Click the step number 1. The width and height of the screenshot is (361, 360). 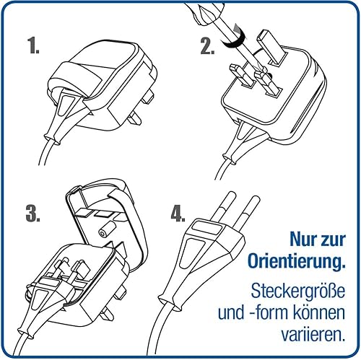point(33,45)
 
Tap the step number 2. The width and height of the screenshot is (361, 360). point(207,46)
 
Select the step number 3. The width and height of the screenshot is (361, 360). point(33,214)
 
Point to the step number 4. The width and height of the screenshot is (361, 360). point(178,214)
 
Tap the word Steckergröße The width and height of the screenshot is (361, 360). point(298,291)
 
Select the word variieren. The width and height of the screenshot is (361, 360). point(312,333)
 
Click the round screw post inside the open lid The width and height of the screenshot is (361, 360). point(105,230)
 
